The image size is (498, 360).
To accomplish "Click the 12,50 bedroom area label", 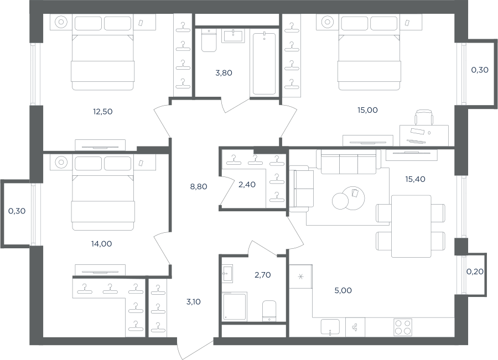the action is pyautogui.click(x=102, y=112).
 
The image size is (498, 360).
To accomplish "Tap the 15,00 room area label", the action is pyautogui.click(x=367, y=110).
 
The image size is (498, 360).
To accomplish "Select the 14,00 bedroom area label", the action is pyautogui.click(x=102, y=244).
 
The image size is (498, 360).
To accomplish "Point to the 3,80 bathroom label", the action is pyautogui.click(x=224, y=73).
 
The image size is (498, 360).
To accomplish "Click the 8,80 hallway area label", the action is pyautogui.click(x=199, y=187).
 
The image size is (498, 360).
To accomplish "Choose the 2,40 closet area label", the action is pyautogui.click(x=247, y=185).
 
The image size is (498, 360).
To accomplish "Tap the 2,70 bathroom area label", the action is pyautogui.click(x=263, y=275).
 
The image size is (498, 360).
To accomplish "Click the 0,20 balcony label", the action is pyautogui.click(x=475, y=272).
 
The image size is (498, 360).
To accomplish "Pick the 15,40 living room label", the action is pyautogui.click(x=415, y=179).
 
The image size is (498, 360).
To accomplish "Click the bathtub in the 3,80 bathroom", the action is pyautogui.click(x=264, y=64).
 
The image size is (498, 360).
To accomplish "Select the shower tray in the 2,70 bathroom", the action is pyautogui.click(x=235, y=306).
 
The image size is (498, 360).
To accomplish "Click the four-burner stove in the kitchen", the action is pyautogui.click(x=403, y=327).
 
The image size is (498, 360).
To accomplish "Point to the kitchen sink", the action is pyautogui.click(x=330, y=327).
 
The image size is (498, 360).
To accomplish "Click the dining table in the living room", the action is pyautogui.click(x=411, y=226).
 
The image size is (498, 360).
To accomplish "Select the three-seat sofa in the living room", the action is pyautogui.click(x=349, y=162).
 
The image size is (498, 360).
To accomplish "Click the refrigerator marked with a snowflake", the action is pyautogui.click(x=300, y=276).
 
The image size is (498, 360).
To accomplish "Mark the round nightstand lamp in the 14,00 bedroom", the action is pyautogui.click(x=61, y=163).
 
